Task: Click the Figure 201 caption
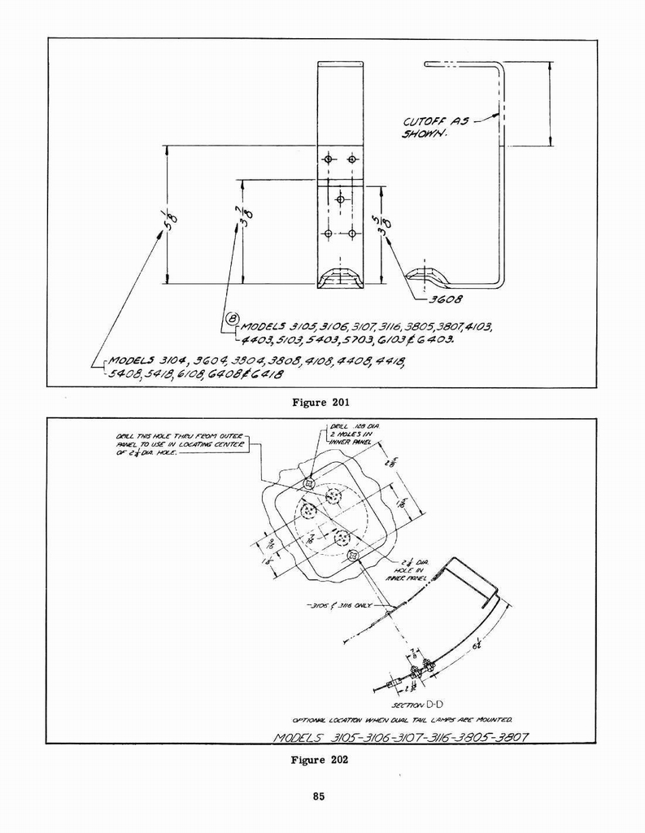(322, 400)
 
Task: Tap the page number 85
(319, 796)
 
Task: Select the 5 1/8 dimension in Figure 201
(171, 218)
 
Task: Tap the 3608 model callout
(446, 299)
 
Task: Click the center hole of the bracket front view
(340, 199)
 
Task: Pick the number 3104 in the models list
(178, 360)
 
